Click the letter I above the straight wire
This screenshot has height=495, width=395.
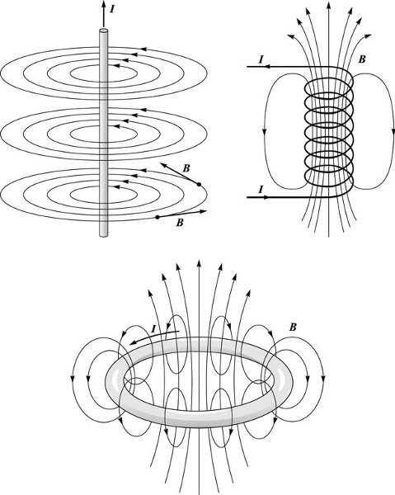click(x=112, y=9)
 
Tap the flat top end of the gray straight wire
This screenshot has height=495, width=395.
click(x=103, y=31)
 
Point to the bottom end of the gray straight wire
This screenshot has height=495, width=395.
click(x=103, y=234)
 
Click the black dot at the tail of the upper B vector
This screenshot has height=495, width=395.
click(x=199, y=184)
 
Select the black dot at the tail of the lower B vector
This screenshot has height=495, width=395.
click(x=158, y=217)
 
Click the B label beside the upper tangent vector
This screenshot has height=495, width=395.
click(x=186, y=168)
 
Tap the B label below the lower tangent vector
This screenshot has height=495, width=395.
click(x=180, y=223)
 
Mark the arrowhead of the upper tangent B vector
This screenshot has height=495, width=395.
click(x=163, y=165)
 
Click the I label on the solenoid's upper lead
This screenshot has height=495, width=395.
click(x=261, y=59)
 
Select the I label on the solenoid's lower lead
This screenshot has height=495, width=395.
click(x=261, y=190)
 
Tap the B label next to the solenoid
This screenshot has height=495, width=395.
click(x=362, y=59)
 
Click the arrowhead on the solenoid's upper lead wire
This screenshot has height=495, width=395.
click(x=267, y=67)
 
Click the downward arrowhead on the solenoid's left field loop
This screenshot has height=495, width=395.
click(x=263, y=132)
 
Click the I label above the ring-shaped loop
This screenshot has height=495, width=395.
click(x=153, y=329)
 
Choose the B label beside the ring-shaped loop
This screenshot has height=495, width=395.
click(x=293, y=328)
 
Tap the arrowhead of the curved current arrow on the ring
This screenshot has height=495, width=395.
click(x=134, y=342)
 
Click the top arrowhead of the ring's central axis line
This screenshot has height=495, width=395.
click(x=199, y=263)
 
